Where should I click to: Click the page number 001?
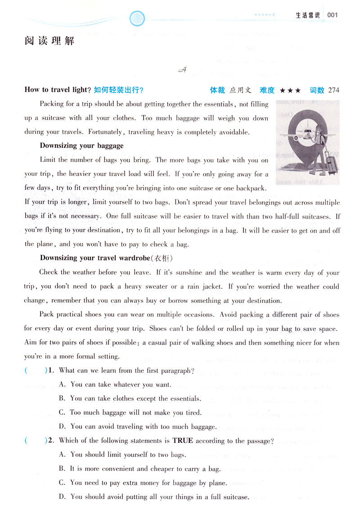click(333, 15)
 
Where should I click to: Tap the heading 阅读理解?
click(49, 41)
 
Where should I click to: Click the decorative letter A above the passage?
click(182, 69)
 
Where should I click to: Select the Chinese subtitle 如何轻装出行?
click(119, 90)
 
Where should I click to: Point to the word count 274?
click(334, 90)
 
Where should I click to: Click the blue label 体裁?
click(217, 90)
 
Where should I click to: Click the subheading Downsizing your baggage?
click(81, 146)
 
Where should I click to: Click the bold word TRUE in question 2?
click(183, 441)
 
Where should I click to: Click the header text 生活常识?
click(307, 15)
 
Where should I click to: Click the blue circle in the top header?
click(136, 18)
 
